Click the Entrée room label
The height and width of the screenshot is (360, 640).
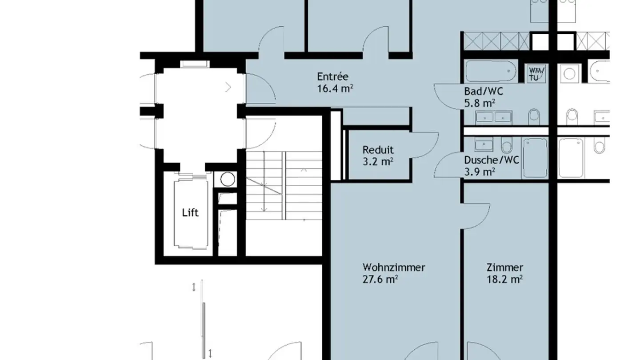[332, 76]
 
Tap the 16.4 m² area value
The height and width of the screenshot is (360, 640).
[335, 88]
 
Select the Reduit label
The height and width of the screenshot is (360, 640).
[378, 150]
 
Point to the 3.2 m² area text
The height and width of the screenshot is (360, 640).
[378, 162]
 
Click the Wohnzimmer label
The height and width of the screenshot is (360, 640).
[394, 268]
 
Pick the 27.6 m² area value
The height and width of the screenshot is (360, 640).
[380, 279]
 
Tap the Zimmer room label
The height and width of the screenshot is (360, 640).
[505, 268]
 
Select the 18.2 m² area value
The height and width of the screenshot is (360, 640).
[505, 279]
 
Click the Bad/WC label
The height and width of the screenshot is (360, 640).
[484, 92]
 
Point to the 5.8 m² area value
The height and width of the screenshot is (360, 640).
[480, 103]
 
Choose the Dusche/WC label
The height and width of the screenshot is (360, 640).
[492, 160]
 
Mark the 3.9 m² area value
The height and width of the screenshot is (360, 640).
[480, 172]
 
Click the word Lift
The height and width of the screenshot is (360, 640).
[190, 212]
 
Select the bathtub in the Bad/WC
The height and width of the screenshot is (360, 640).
[491, 71]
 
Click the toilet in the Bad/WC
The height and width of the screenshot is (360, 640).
[534, 116]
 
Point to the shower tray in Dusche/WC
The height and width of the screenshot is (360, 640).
[535, 158]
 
